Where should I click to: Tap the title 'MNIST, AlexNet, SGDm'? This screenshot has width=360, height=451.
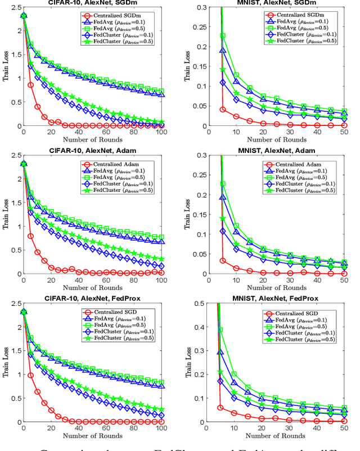pos(277,2)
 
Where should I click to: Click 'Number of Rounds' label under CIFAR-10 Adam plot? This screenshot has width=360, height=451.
pos(93,287)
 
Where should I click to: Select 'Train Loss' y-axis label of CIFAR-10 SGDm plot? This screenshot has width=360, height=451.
pos(7,66)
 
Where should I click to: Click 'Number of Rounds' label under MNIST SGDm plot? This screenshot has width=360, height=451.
pos(277,139)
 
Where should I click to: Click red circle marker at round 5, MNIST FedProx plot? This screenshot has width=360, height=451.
pos(220,408)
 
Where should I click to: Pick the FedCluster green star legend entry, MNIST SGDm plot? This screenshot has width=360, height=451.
pos(299,41)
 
